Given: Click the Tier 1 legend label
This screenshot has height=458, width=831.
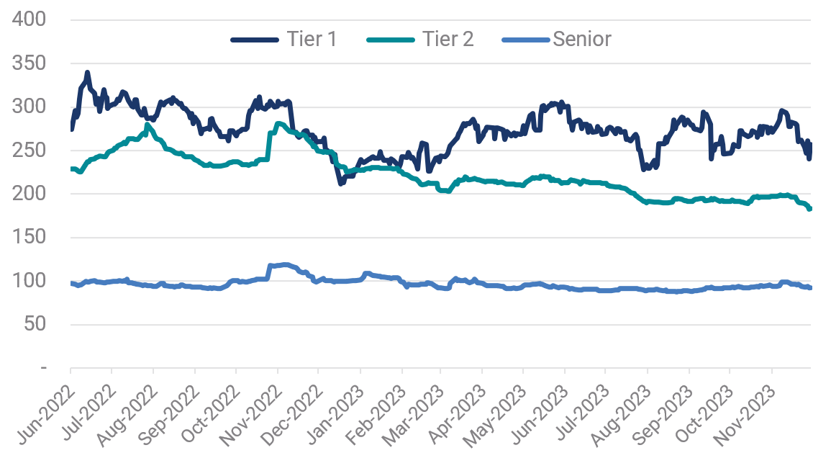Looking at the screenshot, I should tap(312, 39).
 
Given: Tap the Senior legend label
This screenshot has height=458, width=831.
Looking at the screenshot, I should tap(582, 39).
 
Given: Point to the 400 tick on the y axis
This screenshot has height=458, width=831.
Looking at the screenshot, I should tap(29, 19).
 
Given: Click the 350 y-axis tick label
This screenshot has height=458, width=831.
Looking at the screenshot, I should tap(29, 63).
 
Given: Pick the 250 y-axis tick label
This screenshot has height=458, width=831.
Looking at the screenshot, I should tap(29, 151).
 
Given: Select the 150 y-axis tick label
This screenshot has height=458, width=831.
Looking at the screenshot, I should tap(29, 238).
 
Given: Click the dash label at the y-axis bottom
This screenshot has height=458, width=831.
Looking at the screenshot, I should tap(44, 368).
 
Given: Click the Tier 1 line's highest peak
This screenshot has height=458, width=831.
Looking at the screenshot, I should tap(87, 73).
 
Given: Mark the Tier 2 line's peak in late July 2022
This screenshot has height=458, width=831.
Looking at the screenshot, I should tap(147, 125).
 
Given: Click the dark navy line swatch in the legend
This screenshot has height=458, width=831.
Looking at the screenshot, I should tap(255, 40).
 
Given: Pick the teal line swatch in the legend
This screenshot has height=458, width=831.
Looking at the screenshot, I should tap(392, 40).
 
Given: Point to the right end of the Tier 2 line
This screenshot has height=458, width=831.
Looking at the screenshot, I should tap(810, 209).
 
